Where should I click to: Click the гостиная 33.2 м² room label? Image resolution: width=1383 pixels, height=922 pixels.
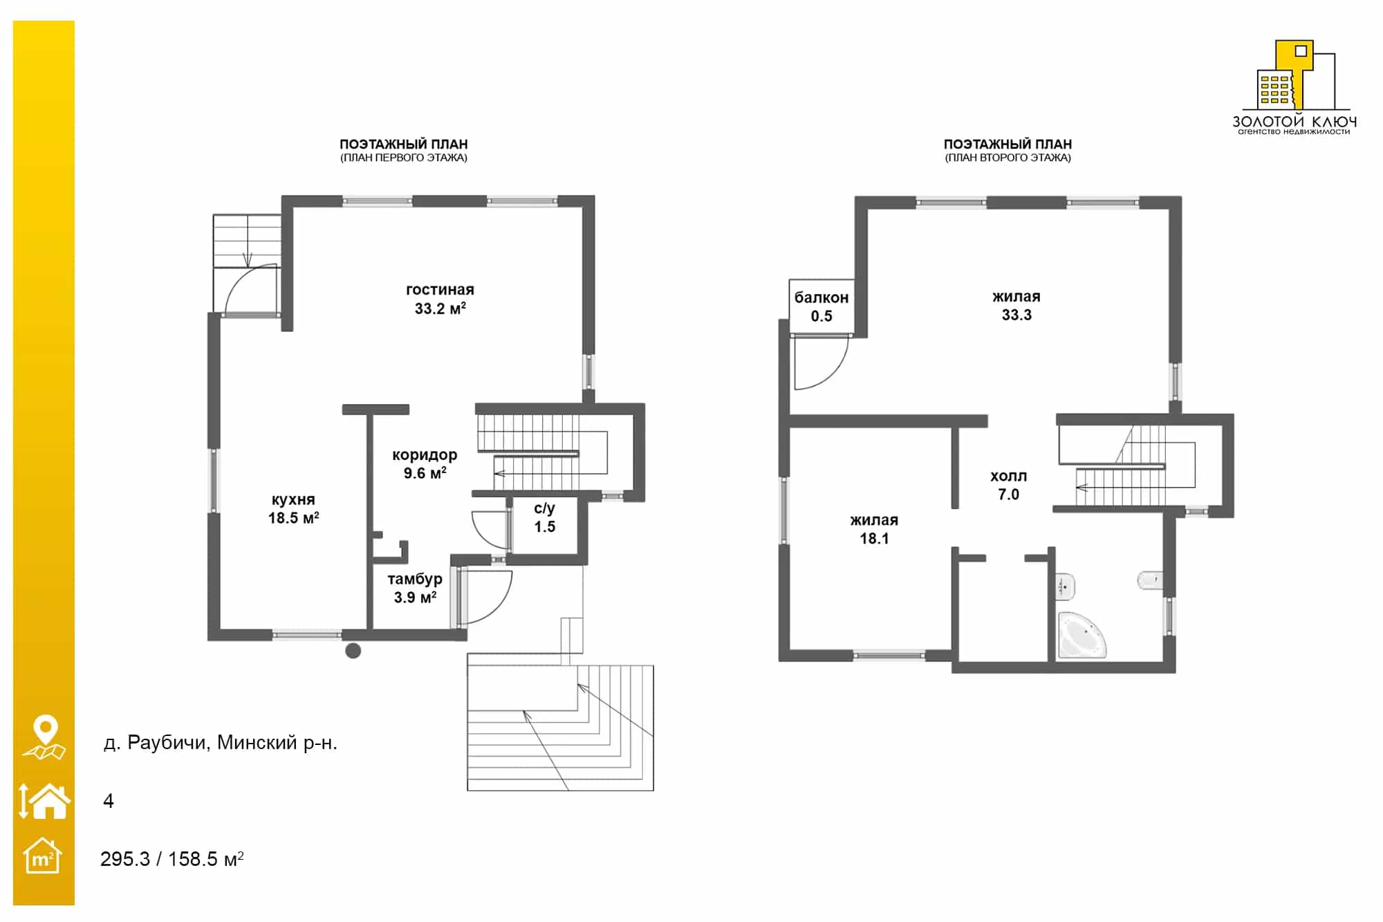point(440,299)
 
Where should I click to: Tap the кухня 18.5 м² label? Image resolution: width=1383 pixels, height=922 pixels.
point(293,508)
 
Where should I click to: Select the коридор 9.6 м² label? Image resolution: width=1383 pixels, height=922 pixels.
point(425,463)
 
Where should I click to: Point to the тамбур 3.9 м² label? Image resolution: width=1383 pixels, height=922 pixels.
point(415,588)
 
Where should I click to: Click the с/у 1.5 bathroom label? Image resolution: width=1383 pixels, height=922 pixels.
point(544,517)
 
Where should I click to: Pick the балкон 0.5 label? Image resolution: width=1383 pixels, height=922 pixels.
point(822,306)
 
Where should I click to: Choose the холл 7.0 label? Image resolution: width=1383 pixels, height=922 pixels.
point(1008,485)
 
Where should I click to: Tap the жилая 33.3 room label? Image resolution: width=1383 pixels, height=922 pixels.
point(1017,305)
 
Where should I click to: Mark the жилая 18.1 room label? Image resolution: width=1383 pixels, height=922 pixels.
point(874,529)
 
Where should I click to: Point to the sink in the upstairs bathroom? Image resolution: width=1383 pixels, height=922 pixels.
point(1064,587)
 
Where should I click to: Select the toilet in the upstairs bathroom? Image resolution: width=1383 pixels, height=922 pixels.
point(1150,580)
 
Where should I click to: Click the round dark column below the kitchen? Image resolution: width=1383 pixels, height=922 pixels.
point(353,650)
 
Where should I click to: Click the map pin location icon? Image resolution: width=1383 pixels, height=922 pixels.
point(44,737)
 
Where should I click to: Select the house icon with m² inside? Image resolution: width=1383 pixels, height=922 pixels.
point(42,856)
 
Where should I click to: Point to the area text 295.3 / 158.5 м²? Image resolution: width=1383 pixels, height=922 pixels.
point(172,859)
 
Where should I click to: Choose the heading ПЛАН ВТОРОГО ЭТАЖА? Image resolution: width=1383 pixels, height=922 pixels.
point(1008,158)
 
